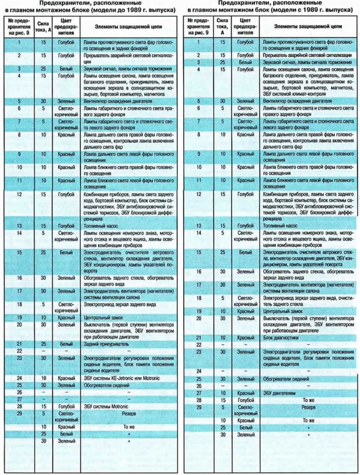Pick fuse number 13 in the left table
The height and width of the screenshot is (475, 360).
pos(19,226)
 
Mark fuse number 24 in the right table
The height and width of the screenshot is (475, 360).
pos(198,371)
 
